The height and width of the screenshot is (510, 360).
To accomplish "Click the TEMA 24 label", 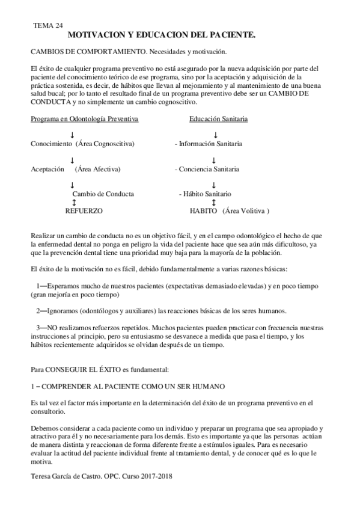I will [x=48, y=26].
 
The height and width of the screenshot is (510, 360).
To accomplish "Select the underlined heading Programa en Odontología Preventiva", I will [x=85, y=119].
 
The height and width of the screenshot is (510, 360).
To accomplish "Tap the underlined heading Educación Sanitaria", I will [x=218, y=119].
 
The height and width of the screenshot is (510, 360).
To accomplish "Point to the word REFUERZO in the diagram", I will [x=84, y=212].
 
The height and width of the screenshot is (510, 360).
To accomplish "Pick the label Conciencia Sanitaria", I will [x=210, y=170].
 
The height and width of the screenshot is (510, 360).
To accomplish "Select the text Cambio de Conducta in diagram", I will [x=103, y=194].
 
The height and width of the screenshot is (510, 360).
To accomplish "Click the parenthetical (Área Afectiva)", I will [x=98, y=170].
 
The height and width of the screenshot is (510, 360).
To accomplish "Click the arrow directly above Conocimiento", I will [x=73, y=136].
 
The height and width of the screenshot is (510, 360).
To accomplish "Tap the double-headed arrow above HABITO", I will [x=214, y=203].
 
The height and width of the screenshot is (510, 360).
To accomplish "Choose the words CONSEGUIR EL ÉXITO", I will [x=74, y=367].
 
